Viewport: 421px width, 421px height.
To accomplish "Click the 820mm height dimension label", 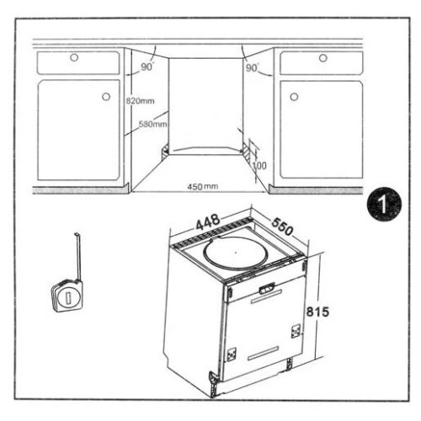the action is pos(140,101).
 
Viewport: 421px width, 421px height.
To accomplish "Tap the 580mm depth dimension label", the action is pos(153,124).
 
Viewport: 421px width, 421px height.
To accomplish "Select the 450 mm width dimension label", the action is pos(203,186).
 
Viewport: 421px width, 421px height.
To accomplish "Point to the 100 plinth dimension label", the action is pos(259,166).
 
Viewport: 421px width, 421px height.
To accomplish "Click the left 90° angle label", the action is pos(147,67).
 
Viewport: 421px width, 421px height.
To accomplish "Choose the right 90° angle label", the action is pos(252,68).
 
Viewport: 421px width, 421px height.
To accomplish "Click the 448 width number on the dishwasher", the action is pos(208,221).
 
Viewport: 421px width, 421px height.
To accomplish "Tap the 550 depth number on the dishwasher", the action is pos(282,226).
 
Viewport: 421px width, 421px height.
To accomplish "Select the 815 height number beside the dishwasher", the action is pos(317,312).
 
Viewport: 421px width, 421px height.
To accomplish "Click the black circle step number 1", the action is pos(384,204).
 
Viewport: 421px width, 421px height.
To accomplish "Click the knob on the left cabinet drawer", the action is pos(74,57).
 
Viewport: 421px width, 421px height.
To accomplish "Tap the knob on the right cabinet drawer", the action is pos(323,58).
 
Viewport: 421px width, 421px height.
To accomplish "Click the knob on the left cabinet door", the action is pos(106,97).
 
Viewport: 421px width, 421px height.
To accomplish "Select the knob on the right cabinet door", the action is pos(294,97).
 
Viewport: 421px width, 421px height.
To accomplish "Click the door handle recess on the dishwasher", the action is pos(266,289).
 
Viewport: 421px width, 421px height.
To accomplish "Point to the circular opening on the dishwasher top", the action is pos(236,253).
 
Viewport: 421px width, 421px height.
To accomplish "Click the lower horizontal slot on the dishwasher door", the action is pos(264,354).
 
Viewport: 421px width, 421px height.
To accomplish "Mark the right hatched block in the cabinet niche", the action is pos(247,152).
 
